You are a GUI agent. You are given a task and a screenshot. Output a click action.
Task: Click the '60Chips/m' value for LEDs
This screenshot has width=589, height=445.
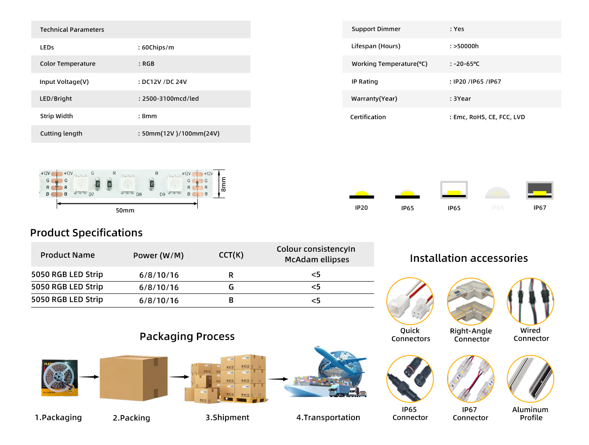157,47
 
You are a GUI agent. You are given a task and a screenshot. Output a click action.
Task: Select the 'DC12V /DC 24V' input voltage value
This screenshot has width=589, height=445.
164,82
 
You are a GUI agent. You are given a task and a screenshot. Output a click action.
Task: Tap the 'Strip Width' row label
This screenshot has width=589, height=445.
56,116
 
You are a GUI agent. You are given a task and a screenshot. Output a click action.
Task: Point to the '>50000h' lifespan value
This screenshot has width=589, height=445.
465,46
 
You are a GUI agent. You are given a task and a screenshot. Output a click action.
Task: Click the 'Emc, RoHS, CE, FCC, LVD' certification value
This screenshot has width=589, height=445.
489,117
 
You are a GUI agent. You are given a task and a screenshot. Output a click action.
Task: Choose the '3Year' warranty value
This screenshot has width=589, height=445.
462,99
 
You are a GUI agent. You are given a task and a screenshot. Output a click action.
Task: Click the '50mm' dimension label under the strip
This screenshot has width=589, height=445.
125,210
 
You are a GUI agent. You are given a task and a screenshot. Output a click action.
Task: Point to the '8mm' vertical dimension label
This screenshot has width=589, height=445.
223,184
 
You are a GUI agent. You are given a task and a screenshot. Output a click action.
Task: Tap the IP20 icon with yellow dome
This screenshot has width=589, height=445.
361,195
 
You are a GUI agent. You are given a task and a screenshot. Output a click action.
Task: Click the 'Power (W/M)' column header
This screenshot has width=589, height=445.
158,255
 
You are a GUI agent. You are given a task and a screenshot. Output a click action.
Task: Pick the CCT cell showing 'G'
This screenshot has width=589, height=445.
231,287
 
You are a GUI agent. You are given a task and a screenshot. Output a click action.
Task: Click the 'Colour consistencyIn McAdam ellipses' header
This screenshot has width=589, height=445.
316,254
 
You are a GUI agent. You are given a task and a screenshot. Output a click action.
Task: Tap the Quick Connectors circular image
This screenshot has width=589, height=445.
410,301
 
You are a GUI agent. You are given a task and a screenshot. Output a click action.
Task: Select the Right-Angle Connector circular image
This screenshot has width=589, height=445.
471,301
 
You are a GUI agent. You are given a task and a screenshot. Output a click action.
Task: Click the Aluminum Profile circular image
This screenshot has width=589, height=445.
531,379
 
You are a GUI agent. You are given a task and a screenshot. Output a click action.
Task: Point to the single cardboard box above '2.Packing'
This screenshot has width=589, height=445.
133,377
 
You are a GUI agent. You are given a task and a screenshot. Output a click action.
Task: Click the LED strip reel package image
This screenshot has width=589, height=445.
60,378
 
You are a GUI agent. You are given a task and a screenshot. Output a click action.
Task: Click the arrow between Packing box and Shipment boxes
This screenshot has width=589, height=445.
179,376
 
